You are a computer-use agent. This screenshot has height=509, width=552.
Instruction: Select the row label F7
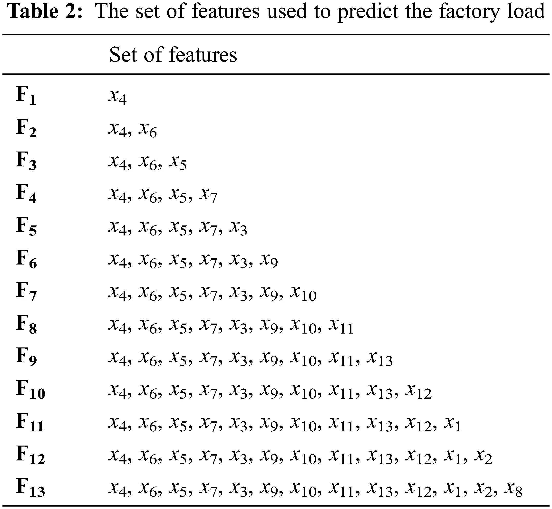26,292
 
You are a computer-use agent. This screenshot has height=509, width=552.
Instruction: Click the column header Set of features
173,55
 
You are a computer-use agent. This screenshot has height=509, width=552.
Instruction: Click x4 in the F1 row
117,98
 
